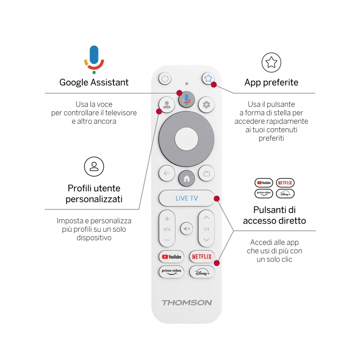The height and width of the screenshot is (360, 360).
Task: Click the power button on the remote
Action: coord(165,79)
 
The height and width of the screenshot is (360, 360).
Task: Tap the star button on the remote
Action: coord(207,78)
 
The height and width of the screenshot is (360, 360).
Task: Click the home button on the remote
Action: coord(186,179)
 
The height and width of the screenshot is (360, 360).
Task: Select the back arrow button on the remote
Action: coord(166,173)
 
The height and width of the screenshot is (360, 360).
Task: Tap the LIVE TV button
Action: coord(186,198)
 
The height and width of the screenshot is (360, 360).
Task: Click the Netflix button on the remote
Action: coord(202,256)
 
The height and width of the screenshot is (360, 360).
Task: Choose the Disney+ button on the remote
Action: coord(202,272)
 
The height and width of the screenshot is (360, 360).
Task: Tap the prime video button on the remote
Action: coord(171,272)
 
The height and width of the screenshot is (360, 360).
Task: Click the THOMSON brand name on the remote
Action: coord(186,302)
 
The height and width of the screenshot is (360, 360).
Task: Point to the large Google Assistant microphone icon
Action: coord(94,59)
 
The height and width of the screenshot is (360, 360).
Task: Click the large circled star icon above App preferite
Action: coord(271,63)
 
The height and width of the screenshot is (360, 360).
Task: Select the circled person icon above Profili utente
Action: coord(94,166)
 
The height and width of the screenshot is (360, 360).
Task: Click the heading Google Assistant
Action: coord(94,82)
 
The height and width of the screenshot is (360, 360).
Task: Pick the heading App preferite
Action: coord(271,82)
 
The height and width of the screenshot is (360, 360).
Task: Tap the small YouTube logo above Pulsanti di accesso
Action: coord(264,183)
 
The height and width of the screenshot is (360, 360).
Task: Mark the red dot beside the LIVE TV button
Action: coord(216,198)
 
